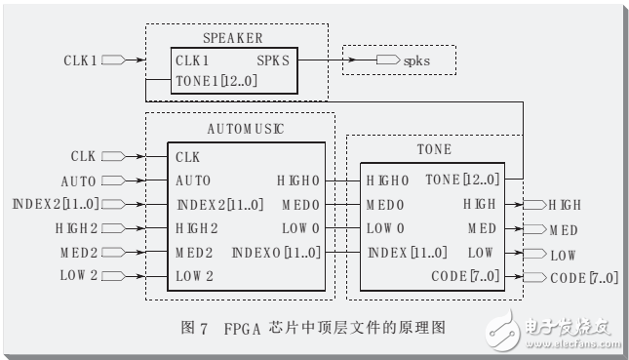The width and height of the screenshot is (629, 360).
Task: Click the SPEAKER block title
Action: (233, 37)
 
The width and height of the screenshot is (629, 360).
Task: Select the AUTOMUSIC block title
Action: (240, 128)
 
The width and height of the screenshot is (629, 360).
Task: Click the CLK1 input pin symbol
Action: (112, 60)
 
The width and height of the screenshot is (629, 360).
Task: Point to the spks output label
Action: (415, 60)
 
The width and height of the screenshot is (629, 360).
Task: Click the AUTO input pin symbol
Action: (112, 180)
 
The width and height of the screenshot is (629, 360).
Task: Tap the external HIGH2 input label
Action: (75, 228)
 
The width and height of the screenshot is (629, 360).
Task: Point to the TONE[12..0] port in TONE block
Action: (462, 180)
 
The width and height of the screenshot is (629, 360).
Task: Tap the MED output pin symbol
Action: (533, 229)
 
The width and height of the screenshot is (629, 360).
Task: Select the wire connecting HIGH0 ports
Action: (336, 180)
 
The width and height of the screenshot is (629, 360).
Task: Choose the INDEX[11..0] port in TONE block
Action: (407, 253)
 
